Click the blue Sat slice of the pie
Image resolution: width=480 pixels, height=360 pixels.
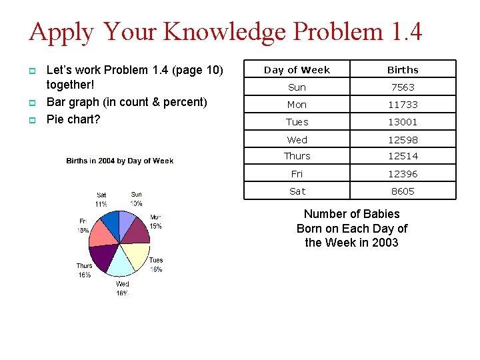pos(109,223)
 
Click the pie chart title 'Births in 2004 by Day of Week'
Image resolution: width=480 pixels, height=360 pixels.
pos(120,161)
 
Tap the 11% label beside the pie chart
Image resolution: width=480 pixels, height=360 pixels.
pos(101,204)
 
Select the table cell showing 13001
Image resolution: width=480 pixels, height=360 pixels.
pos(403,122)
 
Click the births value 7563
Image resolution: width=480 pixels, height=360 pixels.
pos(403,87)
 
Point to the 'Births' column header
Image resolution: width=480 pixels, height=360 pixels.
pos(403,70)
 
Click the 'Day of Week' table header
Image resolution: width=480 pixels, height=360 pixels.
pos(297,70)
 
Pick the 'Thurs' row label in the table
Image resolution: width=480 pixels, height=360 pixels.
pos(297,156)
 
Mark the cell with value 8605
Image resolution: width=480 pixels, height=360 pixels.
pos(403,191)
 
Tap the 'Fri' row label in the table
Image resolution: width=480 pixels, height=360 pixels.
pos(297,174)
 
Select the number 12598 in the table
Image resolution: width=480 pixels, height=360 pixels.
pos(403,139)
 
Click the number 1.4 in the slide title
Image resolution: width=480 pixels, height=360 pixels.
pos(403,31)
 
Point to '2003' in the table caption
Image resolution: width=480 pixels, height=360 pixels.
pos(385,243)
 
